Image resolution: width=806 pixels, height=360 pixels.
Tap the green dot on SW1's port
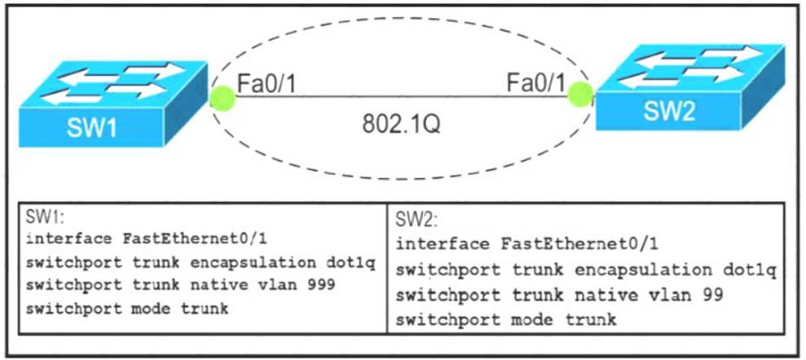pyautogui.click(x=222, y=98)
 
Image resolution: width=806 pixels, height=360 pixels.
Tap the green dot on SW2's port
pyautogui.click(x=580, y=93)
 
